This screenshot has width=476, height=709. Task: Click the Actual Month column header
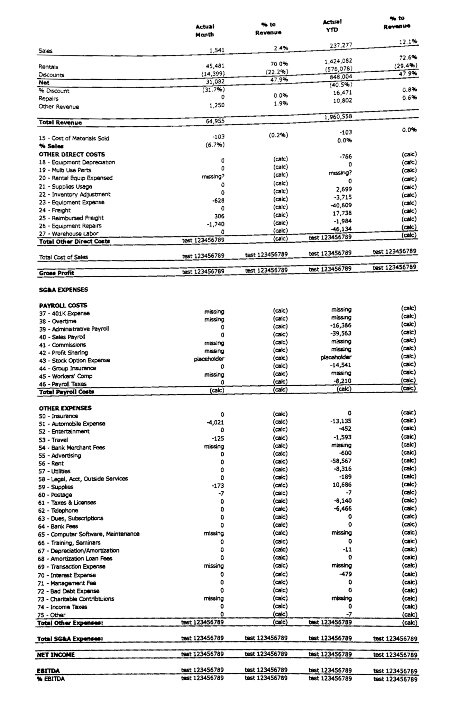pos(204,30)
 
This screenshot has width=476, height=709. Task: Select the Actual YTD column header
pos(332,26)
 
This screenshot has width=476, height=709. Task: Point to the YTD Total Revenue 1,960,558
pos(338,116)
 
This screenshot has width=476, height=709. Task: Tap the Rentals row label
pos(48,67)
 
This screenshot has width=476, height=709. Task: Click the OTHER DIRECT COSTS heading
pos(72,154)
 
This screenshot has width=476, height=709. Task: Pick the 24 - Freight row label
pos(55,210)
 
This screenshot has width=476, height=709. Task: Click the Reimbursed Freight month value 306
pos(219,216)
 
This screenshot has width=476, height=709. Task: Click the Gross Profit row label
pos(56,273)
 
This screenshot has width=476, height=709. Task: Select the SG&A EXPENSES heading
pos(63,290)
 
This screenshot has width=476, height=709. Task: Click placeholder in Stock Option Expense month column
pos(209,359)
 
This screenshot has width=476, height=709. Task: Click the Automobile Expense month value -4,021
pos(215,422)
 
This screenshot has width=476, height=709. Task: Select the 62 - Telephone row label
pos(58,510)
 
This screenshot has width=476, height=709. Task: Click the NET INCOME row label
pos(56,655)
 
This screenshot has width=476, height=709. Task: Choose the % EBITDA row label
pos(51,679)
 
